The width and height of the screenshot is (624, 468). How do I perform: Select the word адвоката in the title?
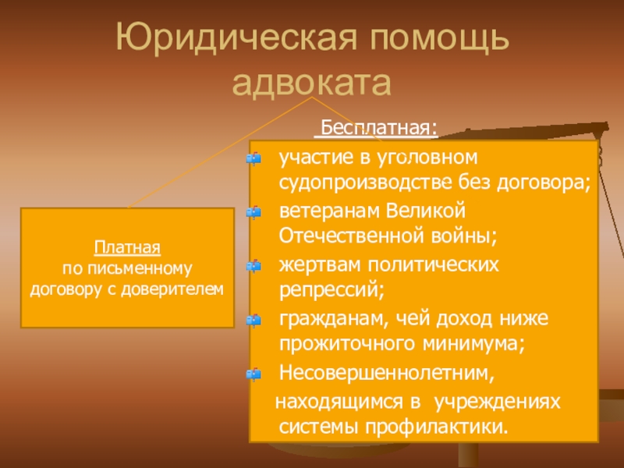click(312, 83)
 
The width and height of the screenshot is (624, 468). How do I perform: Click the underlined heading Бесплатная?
click(380, 126)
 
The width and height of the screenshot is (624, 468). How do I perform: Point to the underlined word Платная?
click(127, 249)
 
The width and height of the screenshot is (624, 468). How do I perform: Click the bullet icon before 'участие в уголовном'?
click(252, 159)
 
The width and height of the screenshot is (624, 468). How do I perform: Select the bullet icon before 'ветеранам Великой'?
click(252, 212)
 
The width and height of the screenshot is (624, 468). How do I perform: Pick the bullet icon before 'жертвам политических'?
click(252, 266)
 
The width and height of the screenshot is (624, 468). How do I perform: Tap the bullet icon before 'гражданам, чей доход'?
click(252, 320)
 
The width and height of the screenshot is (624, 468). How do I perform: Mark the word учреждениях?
click(496, 401)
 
